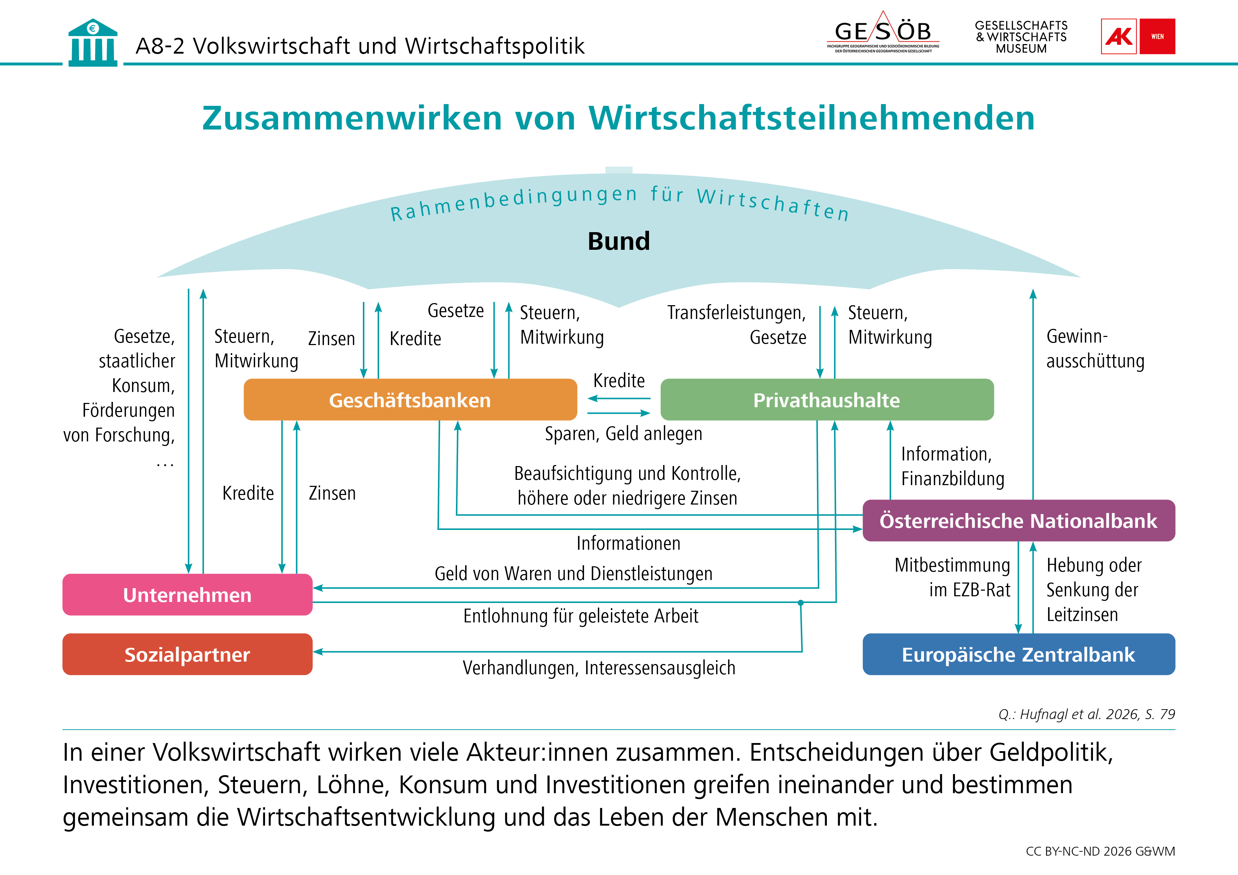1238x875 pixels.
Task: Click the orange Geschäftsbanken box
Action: click(410, 399)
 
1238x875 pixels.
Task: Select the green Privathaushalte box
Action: click(827, 399)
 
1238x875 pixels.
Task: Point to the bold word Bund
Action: click(619, 241)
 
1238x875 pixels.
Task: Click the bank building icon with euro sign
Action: click(93, 43)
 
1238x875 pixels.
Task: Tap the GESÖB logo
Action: click(883, 32)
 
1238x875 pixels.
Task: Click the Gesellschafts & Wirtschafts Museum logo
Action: click(1021, 37)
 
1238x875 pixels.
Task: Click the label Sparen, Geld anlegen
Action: click(623, 434)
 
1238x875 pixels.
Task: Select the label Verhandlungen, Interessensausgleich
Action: click(599, 668)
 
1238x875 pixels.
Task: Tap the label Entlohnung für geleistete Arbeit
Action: click(581, 616)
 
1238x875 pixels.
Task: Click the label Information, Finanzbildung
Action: click(953, 466)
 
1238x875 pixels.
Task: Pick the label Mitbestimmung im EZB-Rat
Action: click(952, 578)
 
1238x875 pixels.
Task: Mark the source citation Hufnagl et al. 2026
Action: click(1087, 714)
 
